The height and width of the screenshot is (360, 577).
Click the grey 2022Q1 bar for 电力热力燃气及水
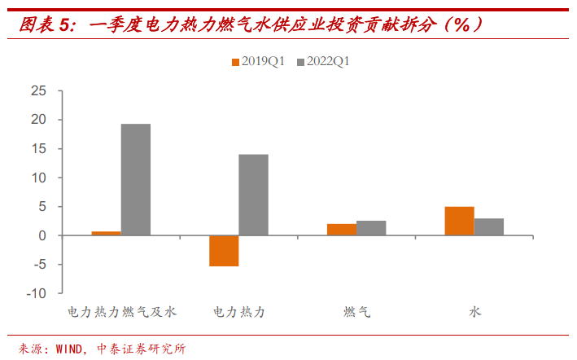coord(136,179)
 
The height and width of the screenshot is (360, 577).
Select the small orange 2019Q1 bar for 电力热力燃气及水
coord(107,234)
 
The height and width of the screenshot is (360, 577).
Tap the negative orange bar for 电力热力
coord(224,251)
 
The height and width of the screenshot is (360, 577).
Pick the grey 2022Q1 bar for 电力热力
coord(253,195)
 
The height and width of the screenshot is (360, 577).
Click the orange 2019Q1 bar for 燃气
coord(342,230)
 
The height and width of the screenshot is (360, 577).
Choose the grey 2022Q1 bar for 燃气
coord(371,228)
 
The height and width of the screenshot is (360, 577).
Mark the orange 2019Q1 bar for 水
coord(459,221)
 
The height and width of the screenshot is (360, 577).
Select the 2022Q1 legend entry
coord(322,61)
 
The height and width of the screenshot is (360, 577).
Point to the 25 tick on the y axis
coord(38,90)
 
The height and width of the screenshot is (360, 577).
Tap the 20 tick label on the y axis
coord(38,120)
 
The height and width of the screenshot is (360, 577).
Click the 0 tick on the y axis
coord(42,235)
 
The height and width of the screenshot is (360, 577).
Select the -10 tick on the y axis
coord(36,293)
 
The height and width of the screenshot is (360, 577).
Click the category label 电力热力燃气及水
coord(121,312)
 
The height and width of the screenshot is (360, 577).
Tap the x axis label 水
coord(474,312)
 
